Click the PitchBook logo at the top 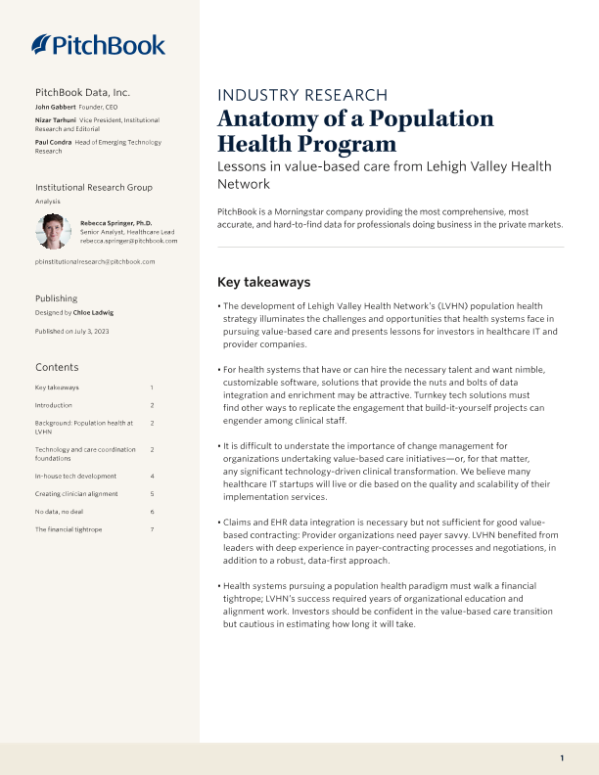(98, 44)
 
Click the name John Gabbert (56, 106)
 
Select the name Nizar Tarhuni (56, 118)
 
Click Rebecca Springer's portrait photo (53, 232)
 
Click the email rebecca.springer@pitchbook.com (128, 240)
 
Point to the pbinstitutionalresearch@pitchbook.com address (94, 262)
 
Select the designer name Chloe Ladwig (96, 312)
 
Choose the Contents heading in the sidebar (57, 367)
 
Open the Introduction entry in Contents (53, 404)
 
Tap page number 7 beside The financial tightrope (152, 529)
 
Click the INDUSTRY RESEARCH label (301, 95)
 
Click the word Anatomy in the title (264, 119)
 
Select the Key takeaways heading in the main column (263, 282)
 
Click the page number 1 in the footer (562, 758)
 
